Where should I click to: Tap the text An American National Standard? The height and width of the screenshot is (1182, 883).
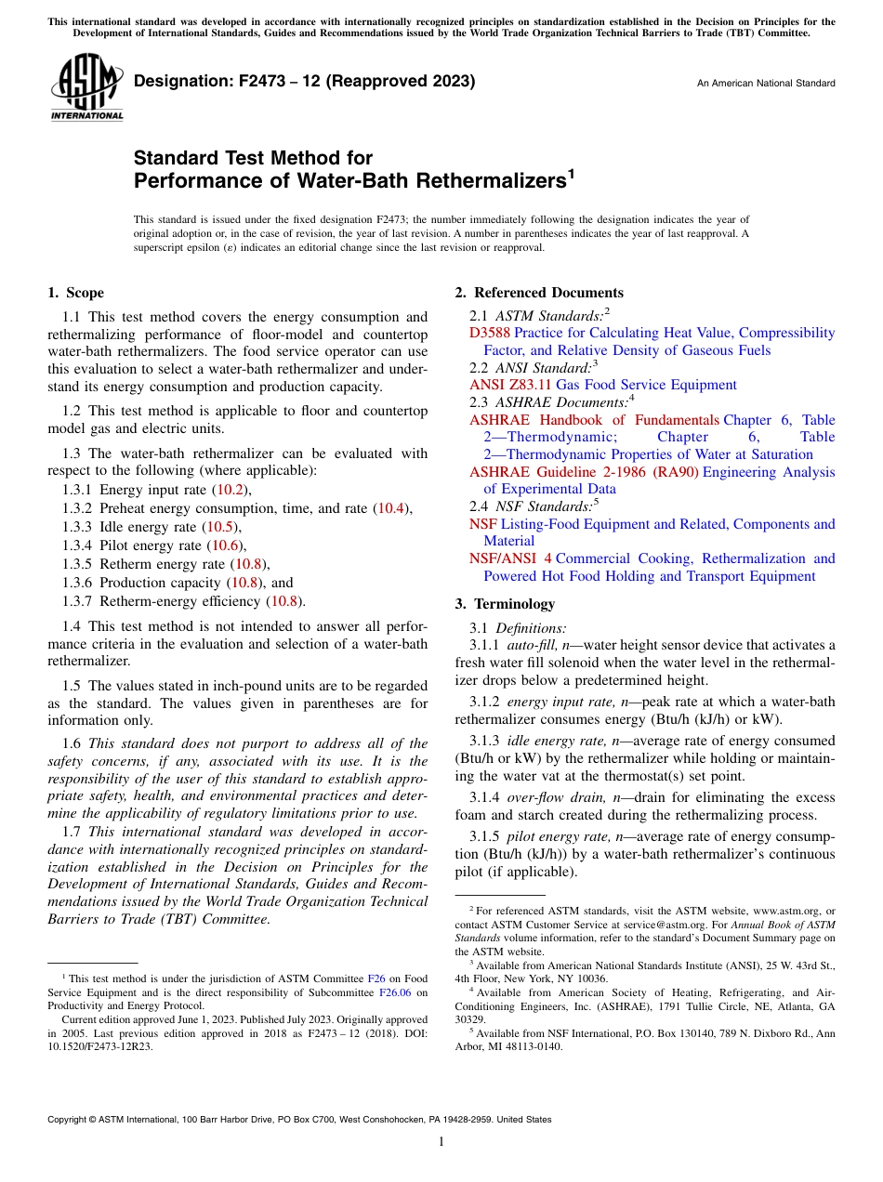pos(766,84)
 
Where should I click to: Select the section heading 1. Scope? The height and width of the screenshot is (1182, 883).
pos(76,293)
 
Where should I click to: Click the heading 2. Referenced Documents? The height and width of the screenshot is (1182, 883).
pos(539,293)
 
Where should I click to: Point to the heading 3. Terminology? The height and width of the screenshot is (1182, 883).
pos(505,604)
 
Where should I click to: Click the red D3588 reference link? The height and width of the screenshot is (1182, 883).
pos(490,333)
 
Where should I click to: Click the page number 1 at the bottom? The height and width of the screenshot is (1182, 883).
pos(441,1142)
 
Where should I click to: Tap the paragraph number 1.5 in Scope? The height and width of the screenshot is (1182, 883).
pos(72,686)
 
